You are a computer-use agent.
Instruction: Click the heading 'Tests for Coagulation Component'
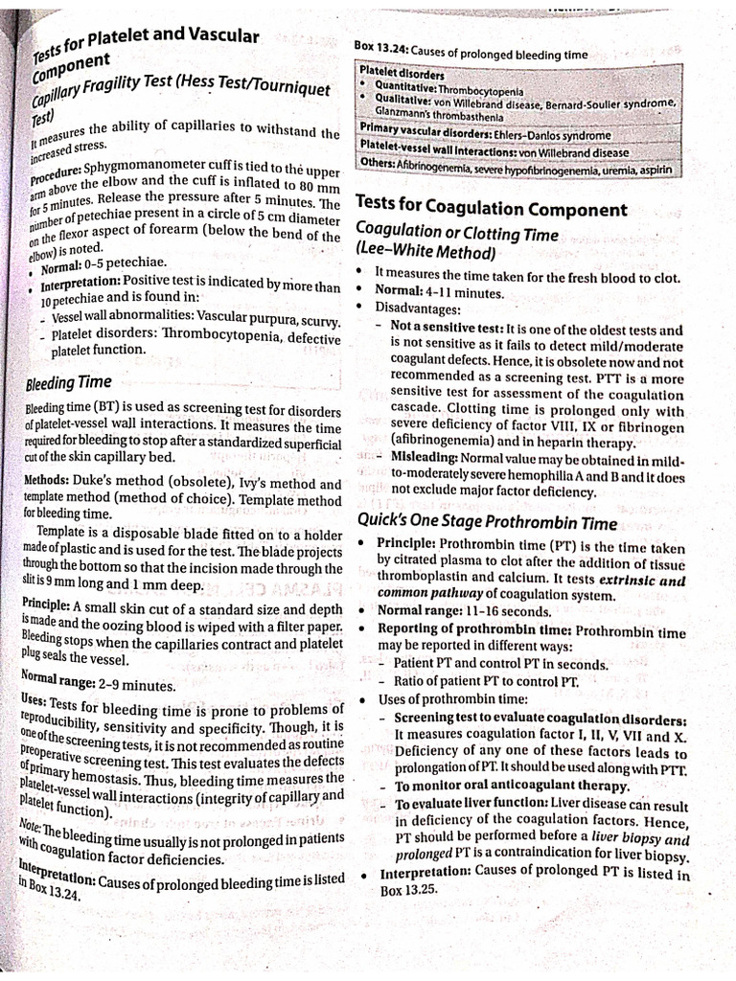coord(492,210)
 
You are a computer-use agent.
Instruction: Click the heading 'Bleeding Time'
coord(68,383)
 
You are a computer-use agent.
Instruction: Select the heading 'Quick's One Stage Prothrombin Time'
coord(487,522)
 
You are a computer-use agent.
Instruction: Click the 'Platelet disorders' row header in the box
coord(402,72)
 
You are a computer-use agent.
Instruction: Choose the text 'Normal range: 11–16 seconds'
coord(464,611)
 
